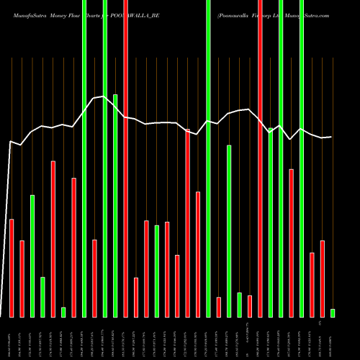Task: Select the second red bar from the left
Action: tap(22, 279)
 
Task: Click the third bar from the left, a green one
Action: tap(32, 256)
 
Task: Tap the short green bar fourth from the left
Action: tap(42, 297)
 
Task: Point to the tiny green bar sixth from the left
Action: tap(63, 312)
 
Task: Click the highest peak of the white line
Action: tap(104, 96)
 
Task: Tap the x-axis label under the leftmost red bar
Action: tap(12, 338)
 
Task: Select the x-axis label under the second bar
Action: tap(22, 338)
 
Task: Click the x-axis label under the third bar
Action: tap(32, 338)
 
